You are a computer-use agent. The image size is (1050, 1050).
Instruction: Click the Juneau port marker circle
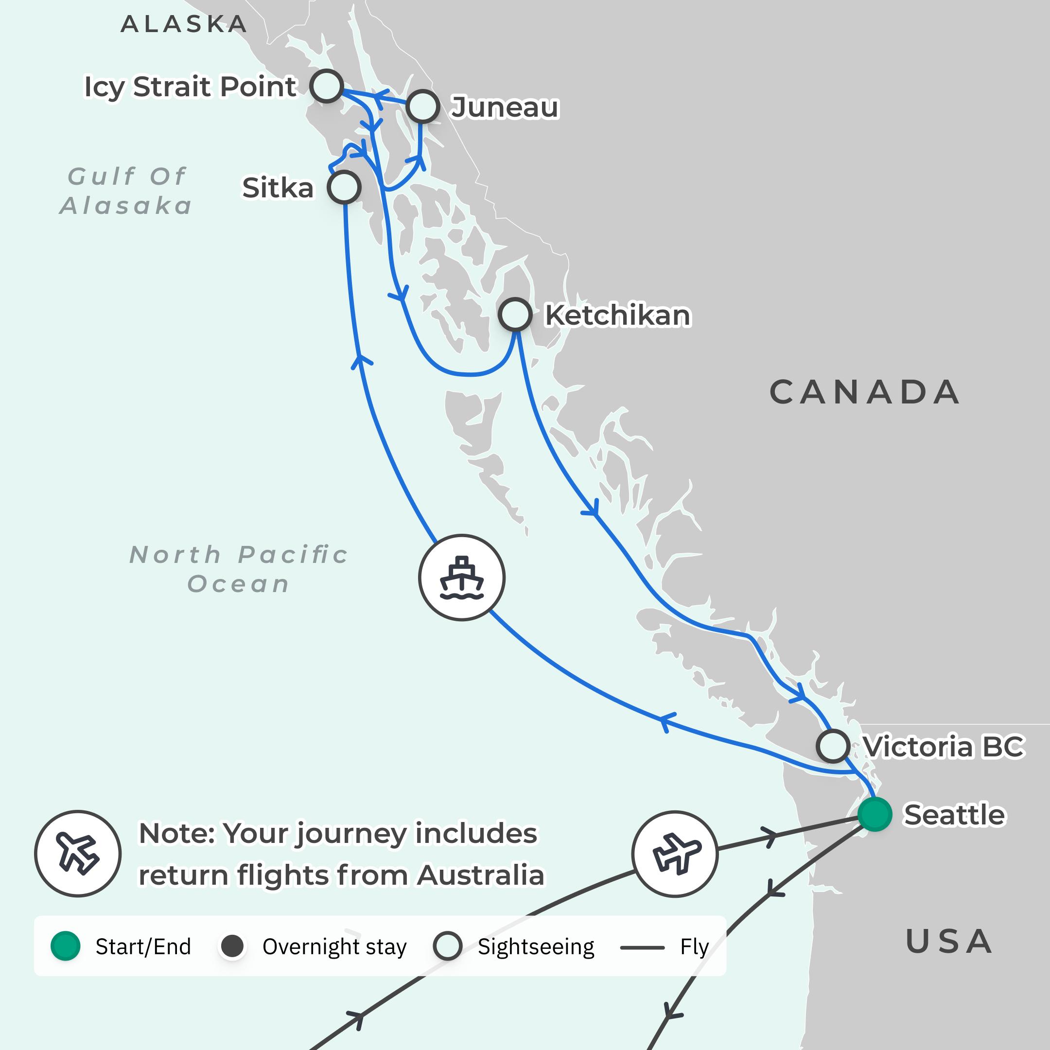pyautogui.click(x=422, y=106)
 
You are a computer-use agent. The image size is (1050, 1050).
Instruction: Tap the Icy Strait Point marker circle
pyautogui.click(x=327, y=86)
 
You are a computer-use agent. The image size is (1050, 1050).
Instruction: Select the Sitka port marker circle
pyautogui.click(x=344, y=188)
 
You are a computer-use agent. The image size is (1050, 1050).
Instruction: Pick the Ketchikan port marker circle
pyautogui.click(x=515, y=314)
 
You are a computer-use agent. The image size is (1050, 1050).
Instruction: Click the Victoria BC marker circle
pyautogui.click(x=833, y=746)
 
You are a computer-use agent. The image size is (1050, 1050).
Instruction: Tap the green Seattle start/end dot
pyautogui.click(x=875, y=814)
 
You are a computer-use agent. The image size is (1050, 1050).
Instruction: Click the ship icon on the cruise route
pyautogui.click(x=461, y=577)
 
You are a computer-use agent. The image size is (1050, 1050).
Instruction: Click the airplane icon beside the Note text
pyautogui.click(x=78, y=854)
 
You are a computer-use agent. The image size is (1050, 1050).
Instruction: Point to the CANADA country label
pyautogui.click(x=865, y=392)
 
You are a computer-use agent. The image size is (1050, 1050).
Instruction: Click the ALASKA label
pyautogui.click(x=184, y=24)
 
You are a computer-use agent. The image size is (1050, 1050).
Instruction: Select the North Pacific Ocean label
pyautogui.click(x=239, y=569)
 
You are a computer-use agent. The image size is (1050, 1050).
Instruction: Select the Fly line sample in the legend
pyautogui.click(x=642, y=947)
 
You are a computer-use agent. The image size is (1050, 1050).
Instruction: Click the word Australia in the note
pyautogui.click(x=480, y=875)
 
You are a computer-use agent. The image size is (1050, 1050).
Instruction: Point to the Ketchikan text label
pyautogui.click(x=617, y=315)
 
